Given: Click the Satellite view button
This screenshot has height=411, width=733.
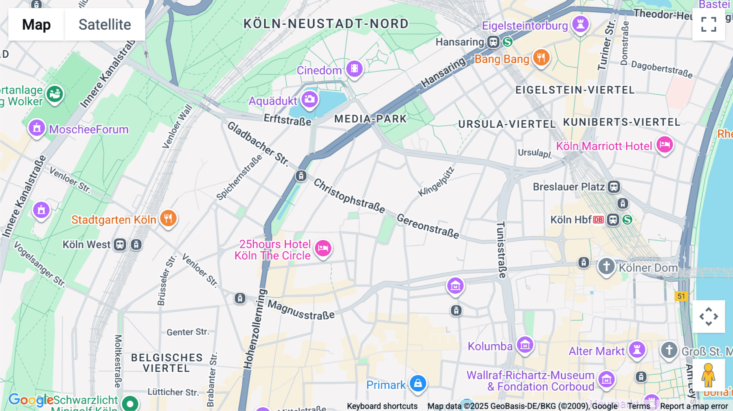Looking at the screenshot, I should pos(105,24).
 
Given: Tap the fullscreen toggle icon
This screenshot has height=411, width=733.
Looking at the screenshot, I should pos(709,24).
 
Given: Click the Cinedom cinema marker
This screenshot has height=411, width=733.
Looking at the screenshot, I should pos(354,69).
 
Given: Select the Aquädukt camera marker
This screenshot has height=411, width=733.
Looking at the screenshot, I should pos(309,99).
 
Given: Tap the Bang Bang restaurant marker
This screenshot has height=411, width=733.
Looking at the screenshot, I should pos(541,58).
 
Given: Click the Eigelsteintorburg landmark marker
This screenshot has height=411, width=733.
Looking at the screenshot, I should pos(580,24).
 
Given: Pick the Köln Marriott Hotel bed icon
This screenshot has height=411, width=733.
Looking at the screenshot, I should pos(665,144).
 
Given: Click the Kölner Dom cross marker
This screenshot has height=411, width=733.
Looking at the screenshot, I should pos(606,267).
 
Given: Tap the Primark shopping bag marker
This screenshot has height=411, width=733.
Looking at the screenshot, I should pos(418,383).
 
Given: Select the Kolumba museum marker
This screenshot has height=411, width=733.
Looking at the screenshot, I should pos(525,345).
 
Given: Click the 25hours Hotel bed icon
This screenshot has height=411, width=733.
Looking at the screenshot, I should pos(323,247).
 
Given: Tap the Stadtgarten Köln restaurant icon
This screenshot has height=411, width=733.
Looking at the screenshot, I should pos(168,218).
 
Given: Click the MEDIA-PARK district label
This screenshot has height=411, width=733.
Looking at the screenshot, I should pos(370,119).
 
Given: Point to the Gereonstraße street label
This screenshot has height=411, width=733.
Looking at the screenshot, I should pos(428,226).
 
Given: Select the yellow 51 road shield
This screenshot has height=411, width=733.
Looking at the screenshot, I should pos(681,296).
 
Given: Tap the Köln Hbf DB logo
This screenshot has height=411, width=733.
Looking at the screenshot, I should pos(598,220).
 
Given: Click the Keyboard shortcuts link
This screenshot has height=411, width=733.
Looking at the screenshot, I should pos(382,406).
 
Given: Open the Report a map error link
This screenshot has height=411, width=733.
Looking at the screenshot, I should pos(693,406).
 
